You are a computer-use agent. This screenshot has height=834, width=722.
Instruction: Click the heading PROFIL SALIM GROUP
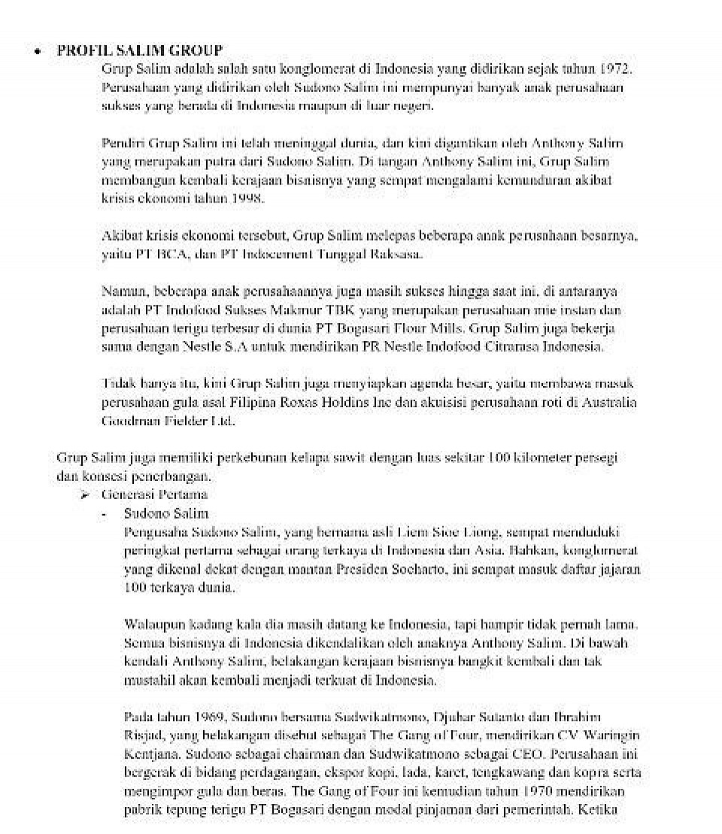[x=139, y=51]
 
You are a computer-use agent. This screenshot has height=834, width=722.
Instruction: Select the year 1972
[x=616, y=68]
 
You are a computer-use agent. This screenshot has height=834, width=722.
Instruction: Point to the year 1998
[x=249, y=199]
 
